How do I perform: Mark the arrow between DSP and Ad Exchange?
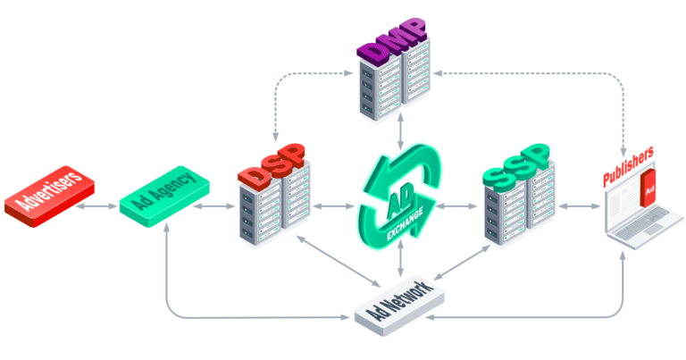point(335,206)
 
